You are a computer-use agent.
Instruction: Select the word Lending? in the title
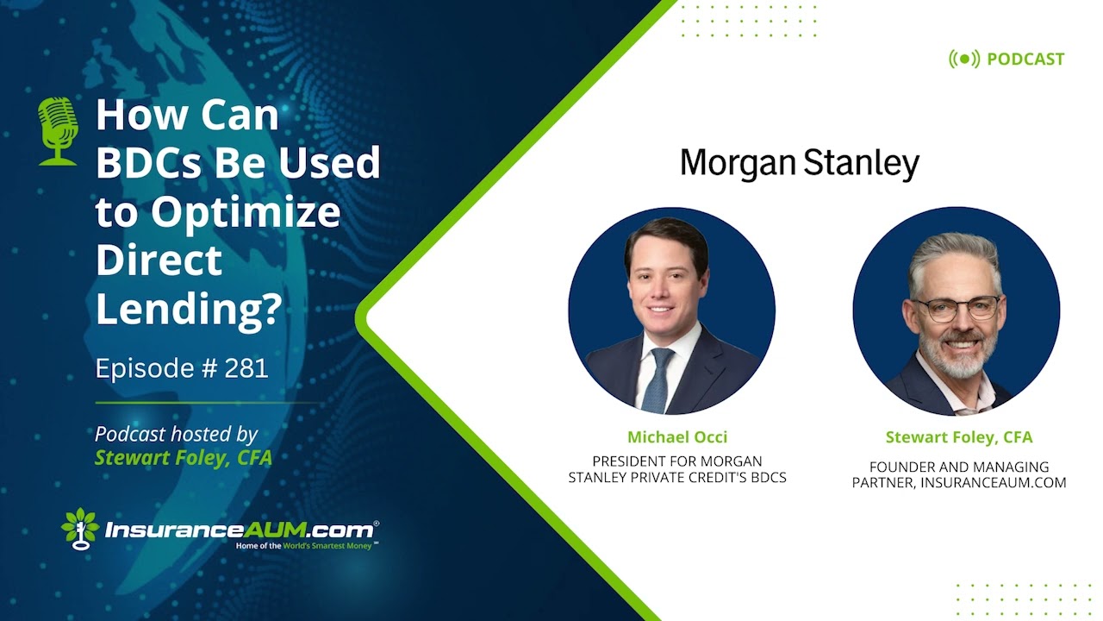[x=188, y=309]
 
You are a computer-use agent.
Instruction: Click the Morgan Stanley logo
[x=799, y=163]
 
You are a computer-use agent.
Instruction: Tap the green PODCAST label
[x=1025, y=60]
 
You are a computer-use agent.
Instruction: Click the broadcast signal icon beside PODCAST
[x=964, y=60]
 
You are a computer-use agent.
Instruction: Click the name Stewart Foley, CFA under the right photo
[x=958, y=437]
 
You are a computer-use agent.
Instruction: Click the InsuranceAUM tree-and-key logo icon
[x=80, y=528]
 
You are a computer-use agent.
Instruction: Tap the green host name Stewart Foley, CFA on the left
[x=183, y=458]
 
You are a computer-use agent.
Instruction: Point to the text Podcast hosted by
[x=176, y=434]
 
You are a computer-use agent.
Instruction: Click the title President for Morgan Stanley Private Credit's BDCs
[x=677, y=469]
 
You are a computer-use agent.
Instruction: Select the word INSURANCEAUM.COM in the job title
[x=993, y=483]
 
